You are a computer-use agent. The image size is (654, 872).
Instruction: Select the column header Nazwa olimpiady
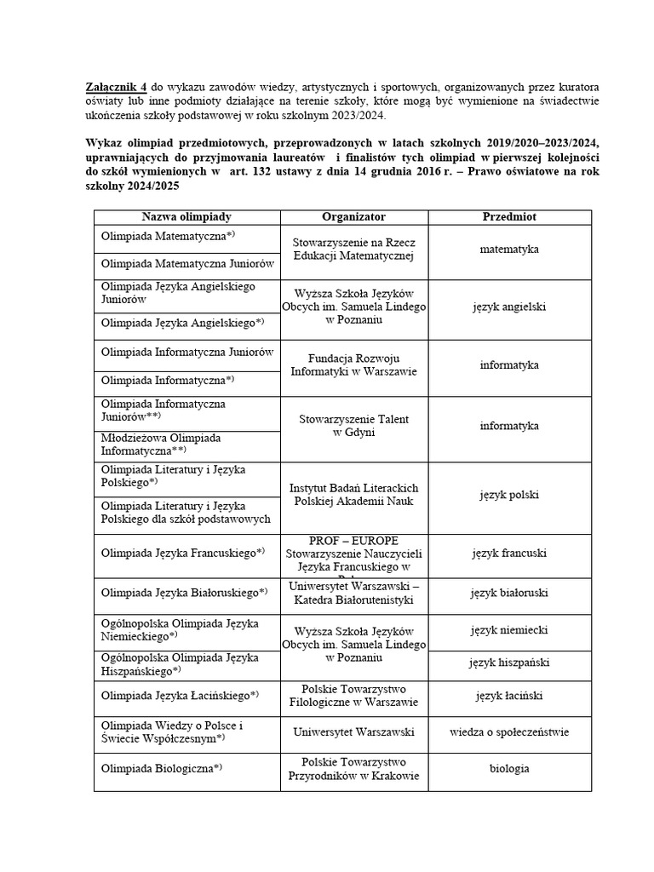pos(186,217)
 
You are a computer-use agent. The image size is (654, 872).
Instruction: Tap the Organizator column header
pos(353,217)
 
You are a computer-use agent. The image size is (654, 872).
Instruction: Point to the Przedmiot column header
pos(509,217)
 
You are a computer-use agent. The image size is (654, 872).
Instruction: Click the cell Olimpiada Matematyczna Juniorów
pos(186,264)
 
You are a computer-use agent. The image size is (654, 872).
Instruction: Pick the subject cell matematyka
pos(509,250)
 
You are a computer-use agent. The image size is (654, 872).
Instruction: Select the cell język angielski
pos(509,307)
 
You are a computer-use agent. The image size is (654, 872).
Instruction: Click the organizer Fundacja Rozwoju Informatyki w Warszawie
pos(353,365)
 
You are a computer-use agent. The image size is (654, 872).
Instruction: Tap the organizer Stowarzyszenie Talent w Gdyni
pos(353,426)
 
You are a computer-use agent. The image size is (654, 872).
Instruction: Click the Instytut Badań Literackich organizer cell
pos(353,495)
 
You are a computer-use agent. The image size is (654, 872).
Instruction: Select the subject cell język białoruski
pos(509,592)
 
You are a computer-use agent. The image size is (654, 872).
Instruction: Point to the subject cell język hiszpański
pos(509,663)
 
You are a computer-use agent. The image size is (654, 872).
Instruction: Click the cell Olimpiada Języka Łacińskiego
pos(180,696)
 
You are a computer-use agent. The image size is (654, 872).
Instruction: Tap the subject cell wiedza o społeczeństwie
pos(509,731)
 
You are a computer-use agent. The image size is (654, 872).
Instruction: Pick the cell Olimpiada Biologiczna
pos(162,768)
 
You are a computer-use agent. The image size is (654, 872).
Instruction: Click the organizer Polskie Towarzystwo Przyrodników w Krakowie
pos(353,768)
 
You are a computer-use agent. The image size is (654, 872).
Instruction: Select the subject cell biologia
pos(509,768)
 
